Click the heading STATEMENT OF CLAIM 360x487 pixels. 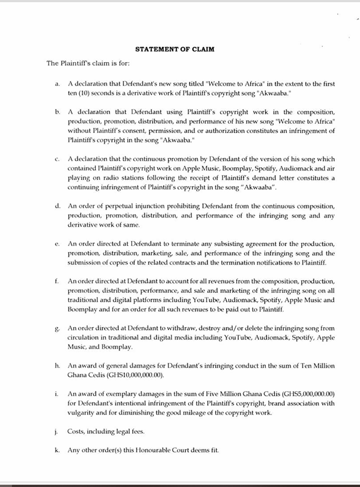pos(175,49)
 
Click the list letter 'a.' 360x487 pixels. pos(58,84)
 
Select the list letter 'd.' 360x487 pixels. pos(58,206)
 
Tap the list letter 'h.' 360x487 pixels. pos(58,365)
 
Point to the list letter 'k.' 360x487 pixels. pos(58,450)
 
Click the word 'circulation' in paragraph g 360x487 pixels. pos(84,337)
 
